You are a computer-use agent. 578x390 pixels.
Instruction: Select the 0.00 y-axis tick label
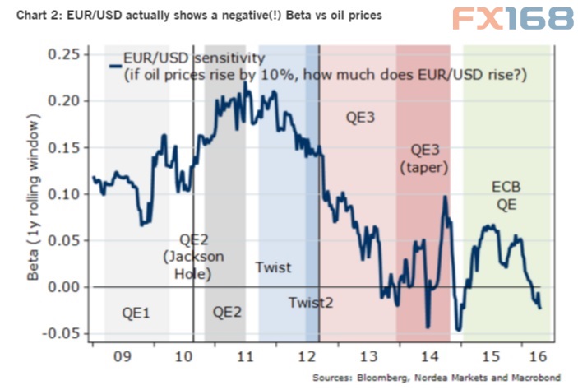tap(62, 286)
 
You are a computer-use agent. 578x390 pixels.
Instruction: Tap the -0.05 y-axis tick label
tap(59, 333)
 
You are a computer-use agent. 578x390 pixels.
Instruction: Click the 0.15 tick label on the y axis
tap(62, 146)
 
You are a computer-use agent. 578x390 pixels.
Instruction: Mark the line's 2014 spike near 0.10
tap(445, 197)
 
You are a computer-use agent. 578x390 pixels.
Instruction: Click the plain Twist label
tap(272, 267)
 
